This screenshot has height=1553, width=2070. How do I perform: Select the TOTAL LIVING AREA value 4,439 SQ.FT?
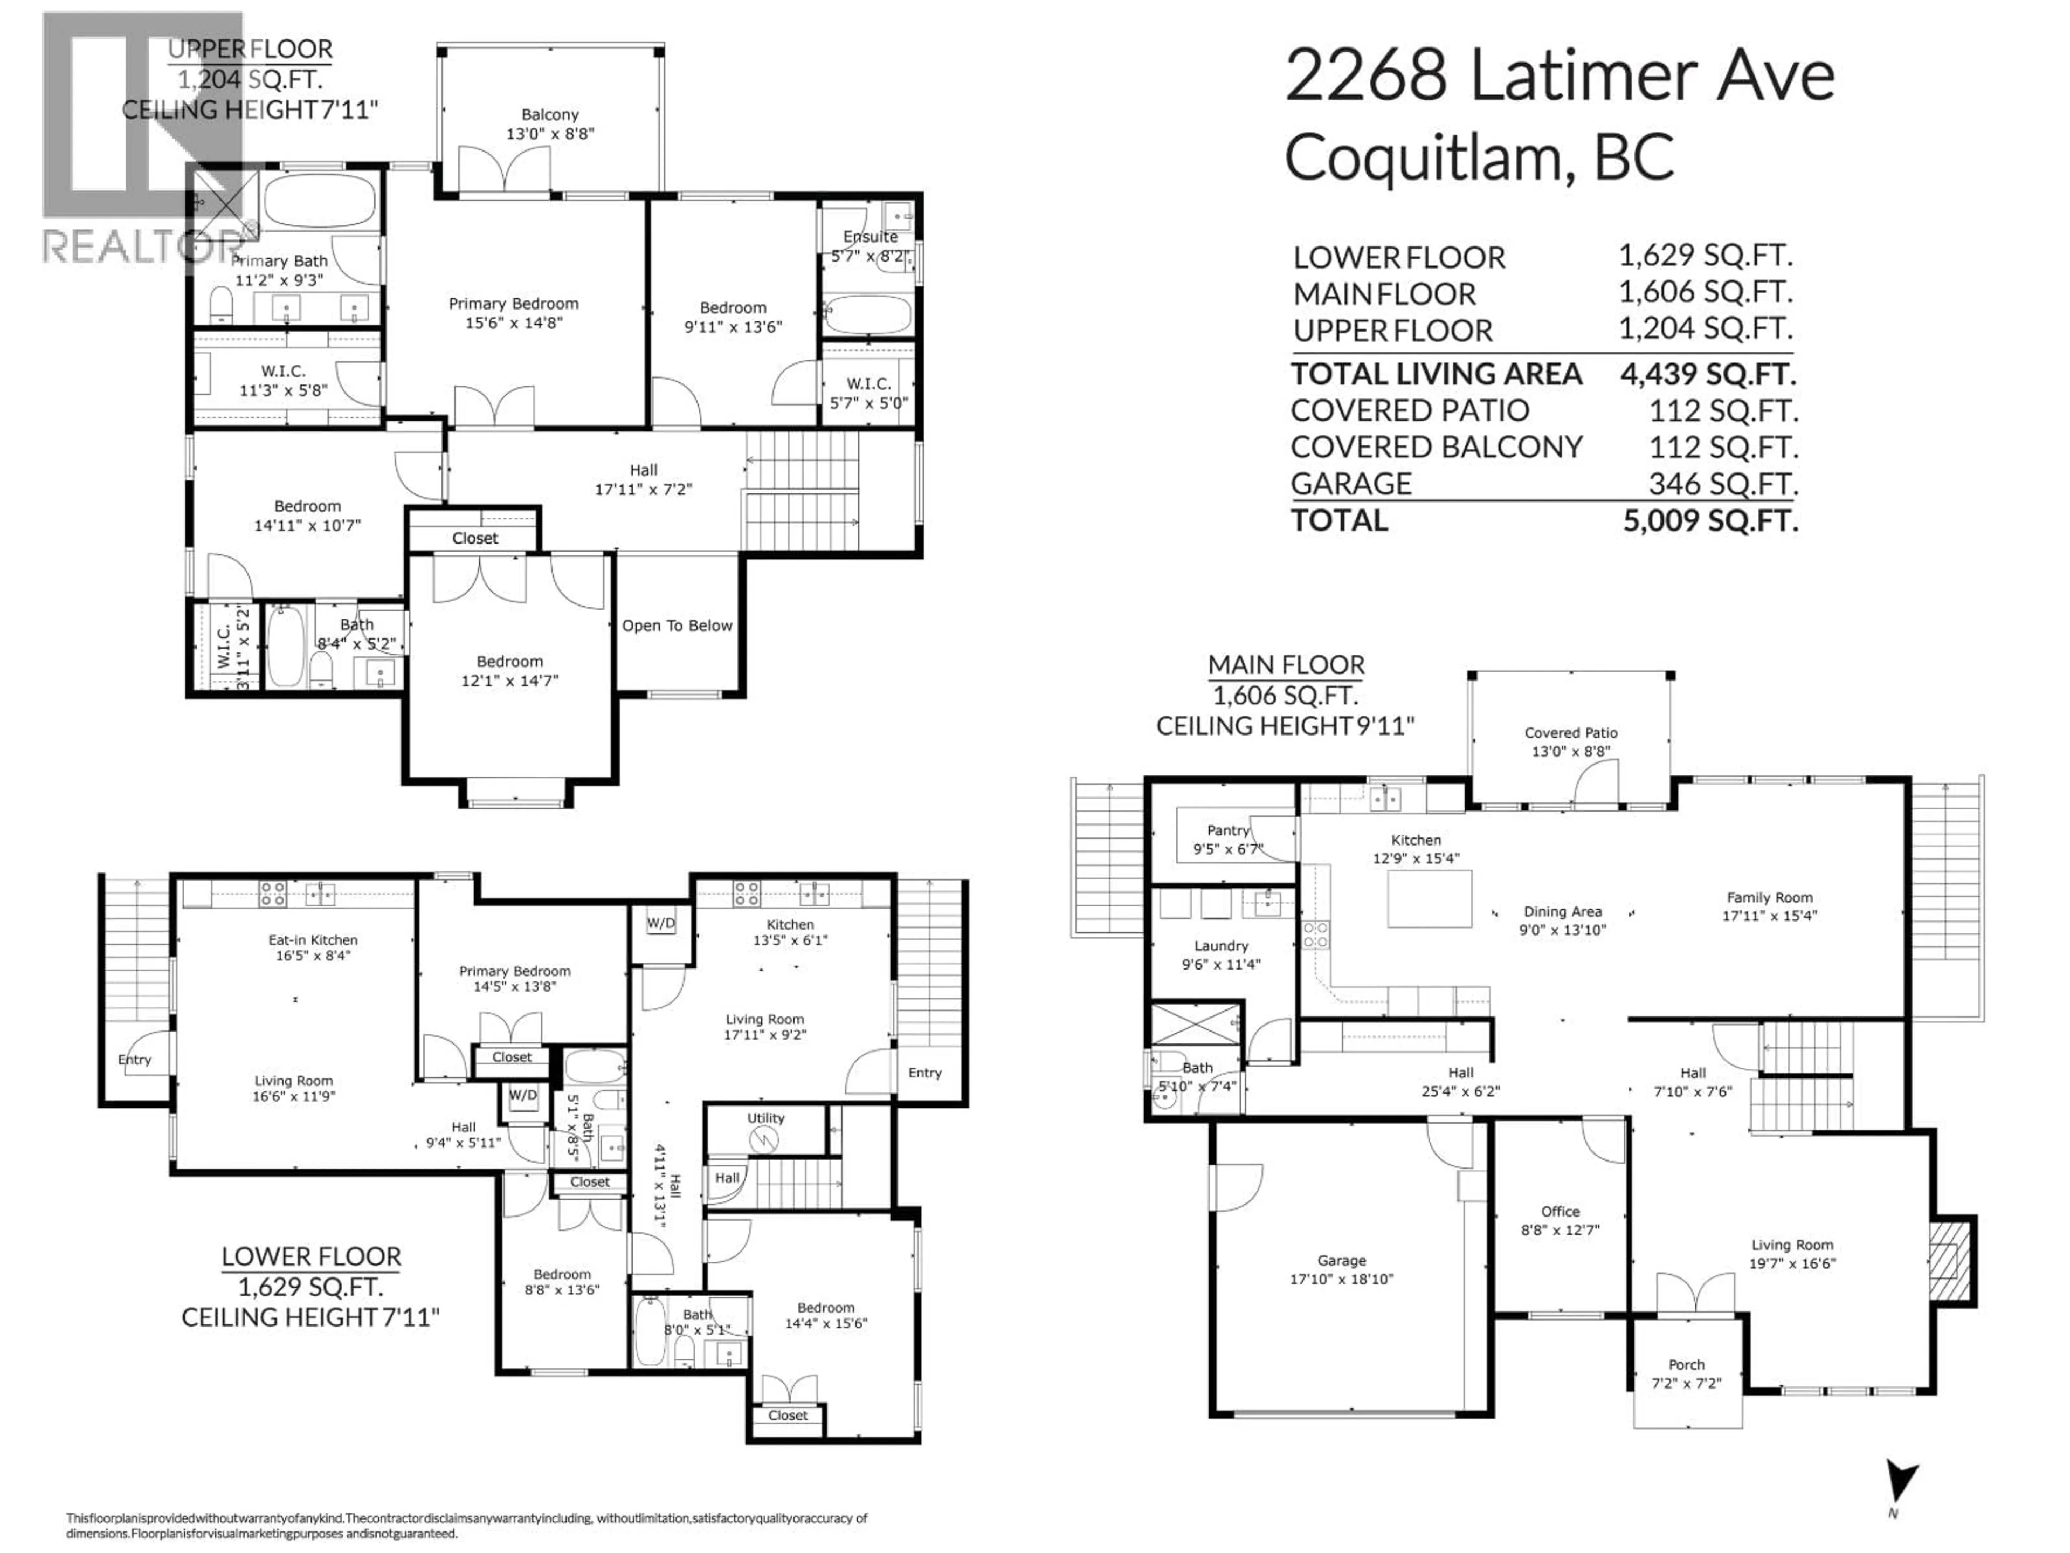coord(1708,374)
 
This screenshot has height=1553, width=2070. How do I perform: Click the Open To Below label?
coord(677,626)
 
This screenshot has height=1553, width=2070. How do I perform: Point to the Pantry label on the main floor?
coord(1228,830)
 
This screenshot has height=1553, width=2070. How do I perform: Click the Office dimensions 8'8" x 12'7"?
coord(1560,1229)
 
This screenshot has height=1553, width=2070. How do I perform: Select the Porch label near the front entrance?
coord(1686,1365)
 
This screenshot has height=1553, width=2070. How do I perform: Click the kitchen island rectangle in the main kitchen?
coord(1429,899)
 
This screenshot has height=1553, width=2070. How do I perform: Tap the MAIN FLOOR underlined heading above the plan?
coord(1286,665)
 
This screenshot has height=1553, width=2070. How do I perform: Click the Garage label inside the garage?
coord(1341,1261)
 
